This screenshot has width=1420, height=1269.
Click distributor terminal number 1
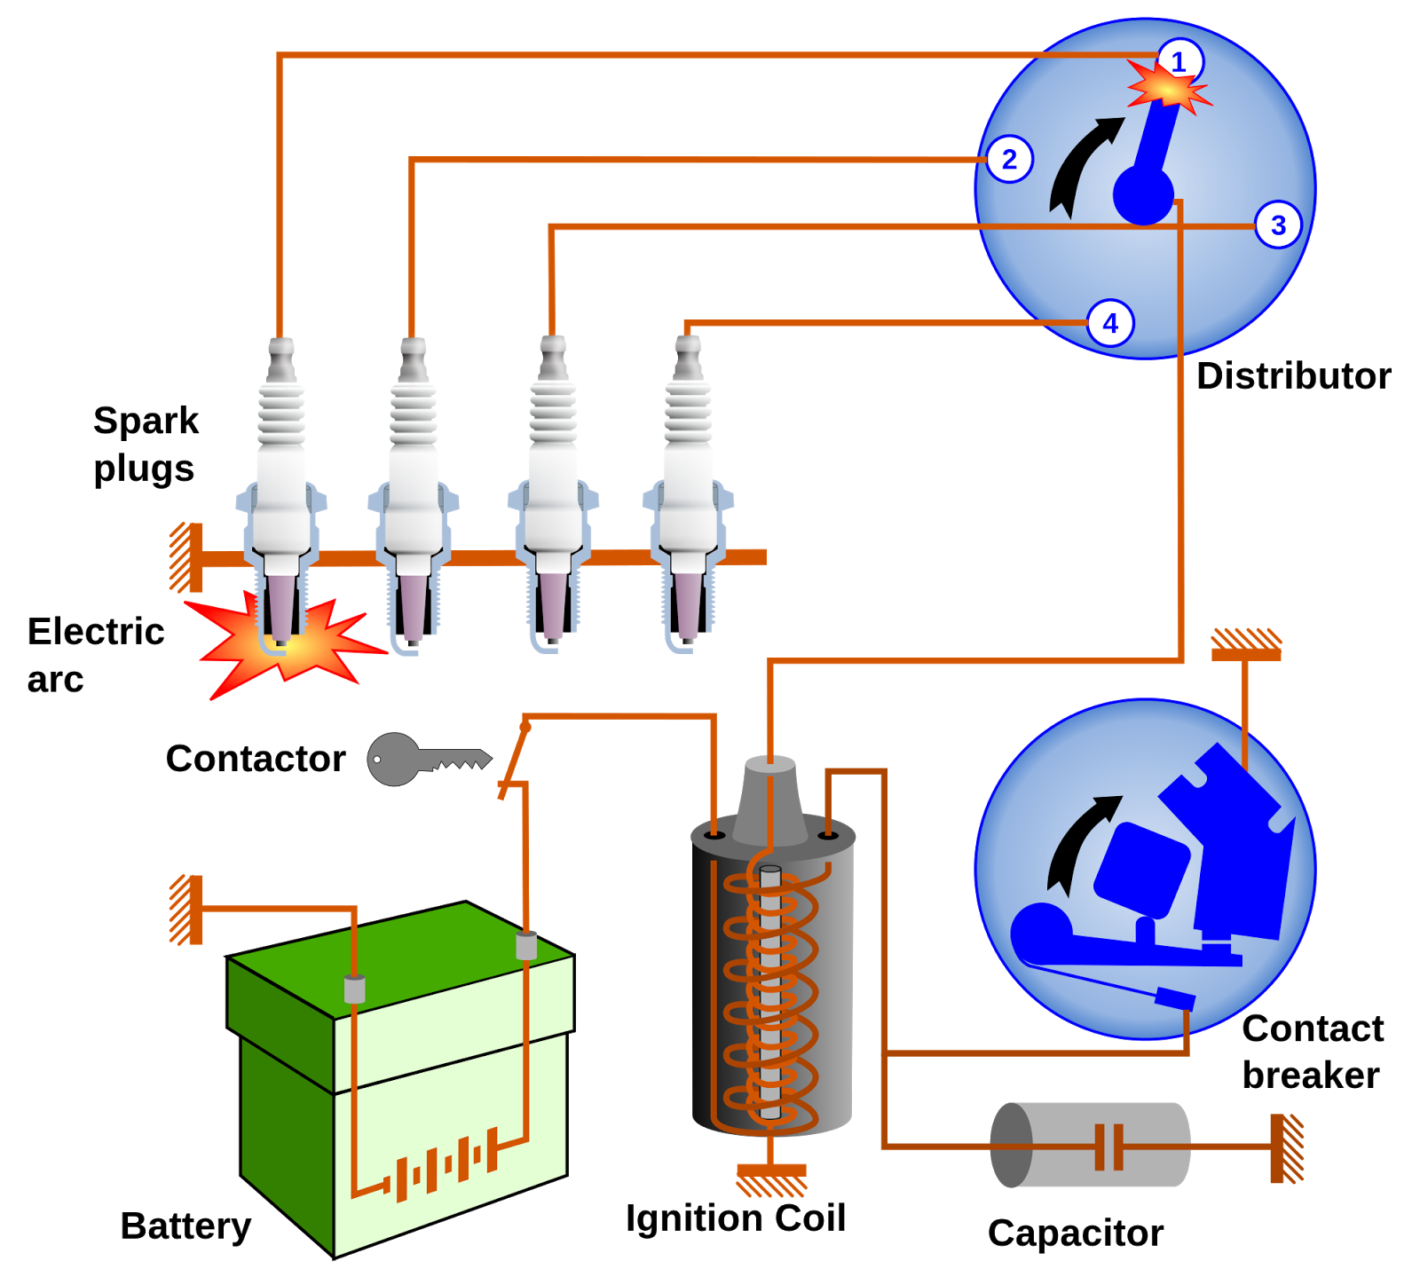coord(1179,62)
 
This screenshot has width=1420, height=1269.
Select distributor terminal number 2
coord(1009,160)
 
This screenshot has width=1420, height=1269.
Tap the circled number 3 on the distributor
coord(1278,225)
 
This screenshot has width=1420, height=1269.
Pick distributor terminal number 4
coord(1110,323)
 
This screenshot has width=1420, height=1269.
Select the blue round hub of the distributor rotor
coord(1143,194)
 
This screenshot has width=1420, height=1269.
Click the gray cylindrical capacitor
coord(1090,1145)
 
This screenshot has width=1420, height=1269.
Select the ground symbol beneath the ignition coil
coord(771,1179)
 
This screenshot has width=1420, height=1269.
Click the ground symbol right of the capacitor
coord(1285,1148)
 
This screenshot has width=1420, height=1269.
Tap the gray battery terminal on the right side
coord(526,945)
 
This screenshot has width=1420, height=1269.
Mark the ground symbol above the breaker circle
coord(1246,644)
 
